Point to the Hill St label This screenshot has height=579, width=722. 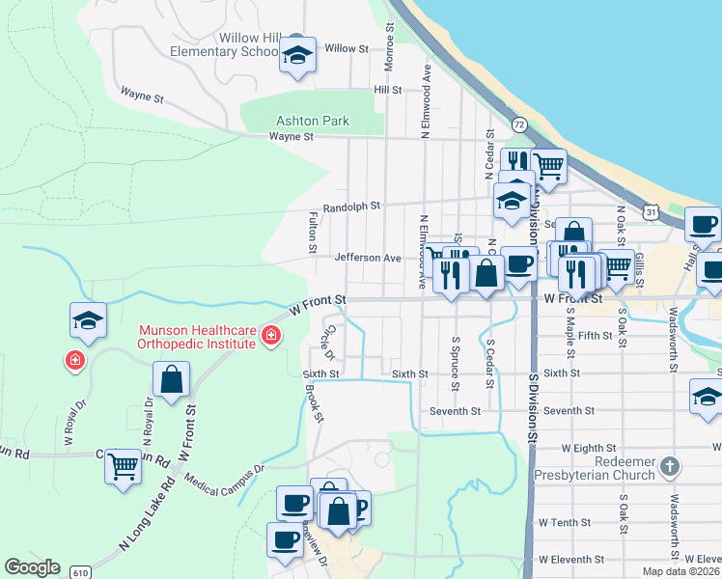click(x=387, y=90)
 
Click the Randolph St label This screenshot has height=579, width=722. click(x=351, y=207)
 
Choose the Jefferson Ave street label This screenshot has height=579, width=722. click(x=367, y=259)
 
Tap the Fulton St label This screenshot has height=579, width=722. click(x=313, y=234)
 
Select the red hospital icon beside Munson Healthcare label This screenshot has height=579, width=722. click(x=271, y=336)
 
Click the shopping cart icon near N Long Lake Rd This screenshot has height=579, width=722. click(x=124, y=467)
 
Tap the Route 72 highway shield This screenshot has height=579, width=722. click(x=519, y=124)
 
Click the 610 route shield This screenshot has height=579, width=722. click(x=82, y=570)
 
